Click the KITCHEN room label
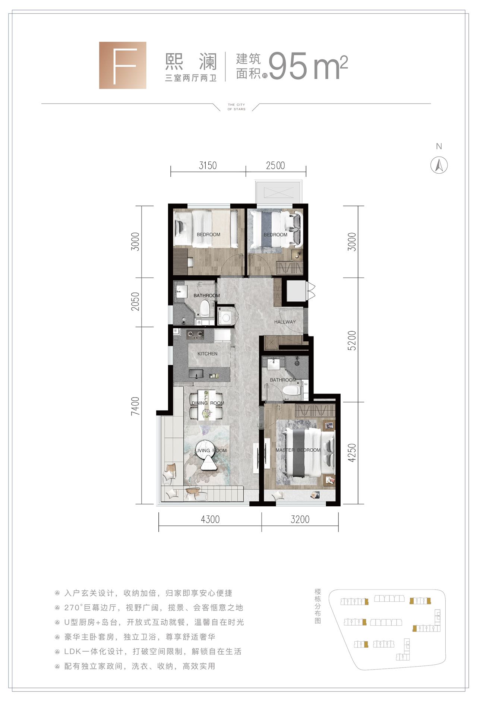pos(208,354)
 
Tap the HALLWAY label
pos(285,322)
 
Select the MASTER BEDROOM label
pos(298,450)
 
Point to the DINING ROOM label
pos(208,403)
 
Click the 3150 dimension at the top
pos(208,165)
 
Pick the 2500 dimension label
pos(275,165)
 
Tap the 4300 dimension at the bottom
pos(210,519)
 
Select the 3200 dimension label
pos(300,519)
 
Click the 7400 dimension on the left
pos(135,406)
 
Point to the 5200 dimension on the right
pos(352,341)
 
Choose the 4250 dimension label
pos(352,453)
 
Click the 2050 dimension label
pos(135,301)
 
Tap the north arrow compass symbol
pos(439,165)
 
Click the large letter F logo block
pos(123,65)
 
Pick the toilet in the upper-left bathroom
pos(204,309)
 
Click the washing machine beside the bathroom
pos(226,317)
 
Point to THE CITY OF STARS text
pos(237,107)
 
